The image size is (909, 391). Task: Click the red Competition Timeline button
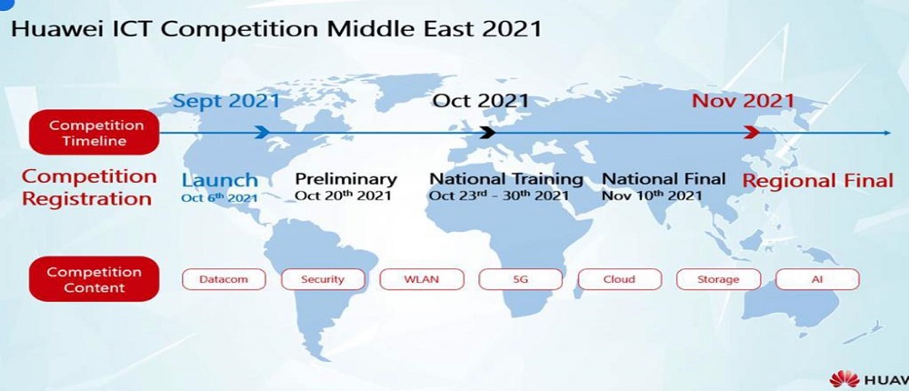94,132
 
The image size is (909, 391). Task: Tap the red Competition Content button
94,279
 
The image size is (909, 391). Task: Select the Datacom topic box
224,279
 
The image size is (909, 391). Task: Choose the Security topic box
323,279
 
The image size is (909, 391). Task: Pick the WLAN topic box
422,279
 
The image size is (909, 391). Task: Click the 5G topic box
521,279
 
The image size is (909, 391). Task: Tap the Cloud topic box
620,279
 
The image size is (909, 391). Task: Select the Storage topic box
718,279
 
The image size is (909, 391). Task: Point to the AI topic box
817,279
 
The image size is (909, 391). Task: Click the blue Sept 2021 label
226,101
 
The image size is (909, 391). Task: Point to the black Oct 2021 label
481,101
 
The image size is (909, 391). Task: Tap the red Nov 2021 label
743,101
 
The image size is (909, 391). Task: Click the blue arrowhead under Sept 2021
262,132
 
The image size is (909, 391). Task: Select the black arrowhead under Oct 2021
487,132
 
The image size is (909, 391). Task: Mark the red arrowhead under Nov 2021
752,132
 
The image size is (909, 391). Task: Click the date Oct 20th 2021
344,195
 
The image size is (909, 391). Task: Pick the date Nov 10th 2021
652,195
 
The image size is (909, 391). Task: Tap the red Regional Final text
818,181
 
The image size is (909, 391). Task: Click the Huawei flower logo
844,379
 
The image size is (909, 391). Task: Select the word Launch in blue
220,180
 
